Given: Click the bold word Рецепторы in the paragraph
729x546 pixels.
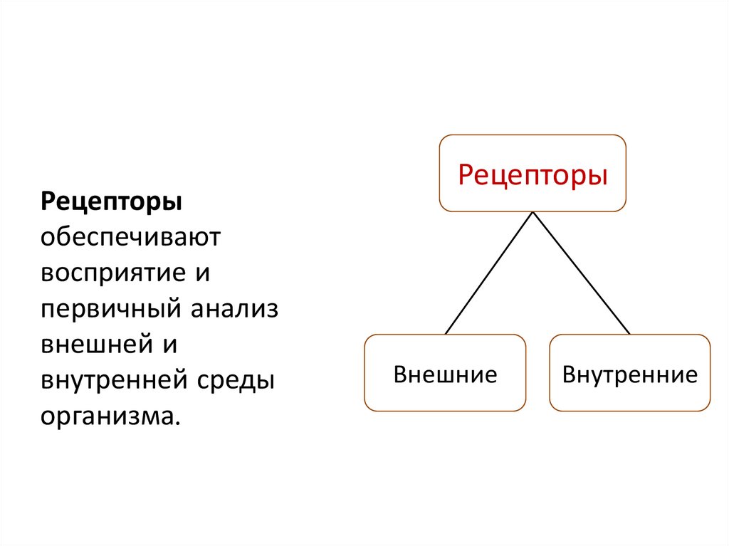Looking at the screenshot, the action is [x=111, y=201].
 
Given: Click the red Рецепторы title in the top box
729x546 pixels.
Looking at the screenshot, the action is [x=533, y=174].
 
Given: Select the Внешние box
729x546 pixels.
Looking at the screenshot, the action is [x=445, y=373].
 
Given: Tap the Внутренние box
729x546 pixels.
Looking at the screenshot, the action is [x=630, y=373].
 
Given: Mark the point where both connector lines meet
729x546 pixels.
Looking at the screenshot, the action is [x=533, y=212].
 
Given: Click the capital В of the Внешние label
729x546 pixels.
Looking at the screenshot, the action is [x=400, y=374].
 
